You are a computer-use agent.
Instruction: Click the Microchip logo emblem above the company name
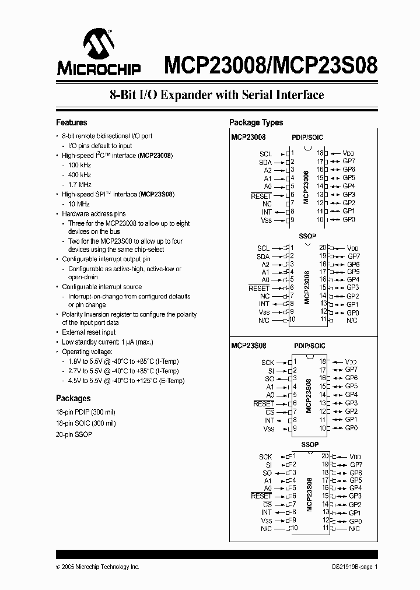(97, 44)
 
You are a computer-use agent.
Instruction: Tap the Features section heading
(71, 122)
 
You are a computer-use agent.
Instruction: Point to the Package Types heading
(256, 122)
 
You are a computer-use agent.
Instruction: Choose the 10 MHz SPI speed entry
(78, 204)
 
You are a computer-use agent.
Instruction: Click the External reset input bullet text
(89, 332)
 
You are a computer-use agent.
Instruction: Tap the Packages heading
(73, 398)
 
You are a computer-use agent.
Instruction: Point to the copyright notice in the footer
(97, 567)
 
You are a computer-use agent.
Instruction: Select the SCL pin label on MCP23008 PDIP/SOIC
(265, 153)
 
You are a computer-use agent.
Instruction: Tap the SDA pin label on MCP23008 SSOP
(263, 257)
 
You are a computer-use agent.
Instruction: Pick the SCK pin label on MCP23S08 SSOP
(265, 457)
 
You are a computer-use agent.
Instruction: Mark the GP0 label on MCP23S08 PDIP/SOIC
(351, 428)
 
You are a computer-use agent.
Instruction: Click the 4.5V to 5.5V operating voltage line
(126, 381)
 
